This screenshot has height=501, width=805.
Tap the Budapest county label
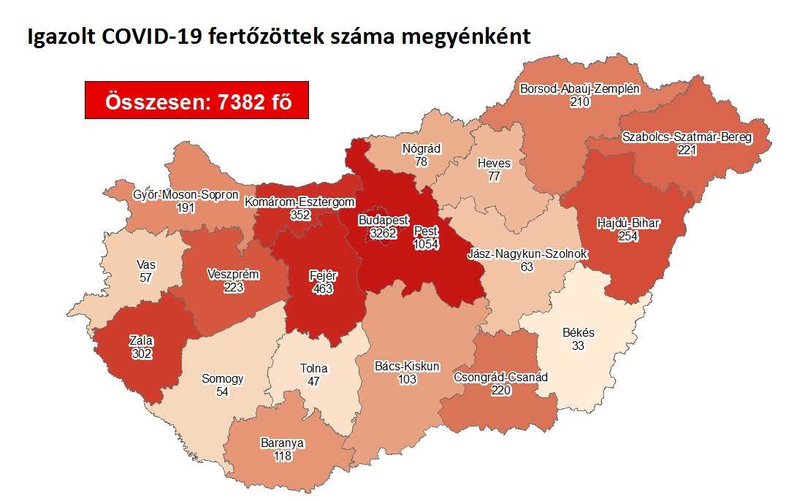(384, 221)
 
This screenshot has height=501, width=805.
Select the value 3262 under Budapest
(384, 234)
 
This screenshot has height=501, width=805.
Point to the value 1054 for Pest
(426, 245)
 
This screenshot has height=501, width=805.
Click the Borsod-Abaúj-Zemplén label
(580, 90)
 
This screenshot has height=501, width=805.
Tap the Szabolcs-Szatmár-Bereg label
(687, 137)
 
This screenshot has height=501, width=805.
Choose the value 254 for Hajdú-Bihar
(627, 237)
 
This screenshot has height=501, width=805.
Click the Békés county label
(579, 333)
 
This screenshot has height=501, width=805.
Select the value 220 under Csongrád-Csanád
(501, 391)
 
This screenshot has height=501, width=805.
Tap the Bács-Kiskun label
(407, 366)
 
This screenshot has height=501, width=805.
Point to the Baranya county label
(282, 443)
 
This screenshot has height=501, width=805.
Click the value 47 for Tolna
(315, 381)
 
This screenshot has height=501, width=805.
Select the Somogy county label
(223, 379)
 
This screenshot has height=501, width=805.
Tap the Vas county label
(145, 265)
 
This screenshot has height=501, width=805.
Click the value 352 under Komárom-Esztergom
(300, 215)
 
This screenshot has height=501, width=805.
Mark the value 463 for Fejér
(321, 288)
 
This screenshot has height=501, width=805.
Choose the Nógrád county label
(421, 149)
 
